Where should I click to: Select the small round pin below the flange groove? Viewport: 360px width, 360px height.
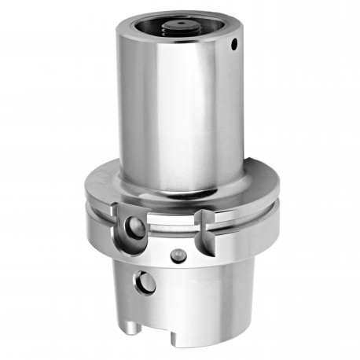(178, 255)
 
